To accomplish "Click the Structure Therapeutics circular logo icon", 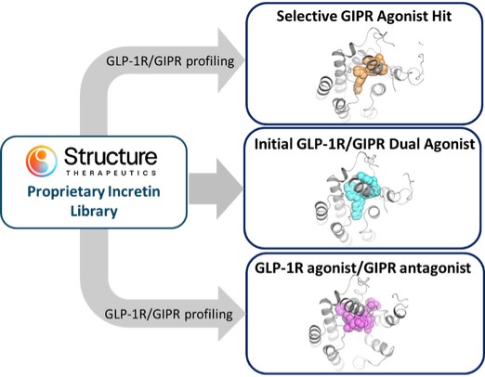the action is [42, 161].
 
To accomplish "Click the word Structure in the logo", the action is [111, 157].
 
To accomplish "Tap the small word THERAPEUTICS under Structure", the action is [111, 173].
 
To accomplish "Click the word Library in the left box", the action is [94, 211].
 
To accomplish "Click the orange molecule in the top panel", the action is [369, 71].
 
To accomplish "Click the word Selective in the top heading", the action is [307, 16].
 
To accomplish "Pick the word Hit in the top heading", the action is [441, 16].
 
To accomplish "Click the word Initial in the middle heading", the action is [273, 144].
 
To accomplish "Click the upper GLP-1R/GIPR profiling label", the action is [170, 61].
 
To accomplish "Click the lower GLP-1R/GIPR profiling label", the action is [169, 315].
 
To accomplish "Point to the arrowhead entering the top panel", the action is [230, 60].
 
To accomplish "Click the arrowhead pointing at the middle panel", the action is [229, 188].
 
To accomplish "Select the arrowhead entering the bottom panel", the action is [231, 314].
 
